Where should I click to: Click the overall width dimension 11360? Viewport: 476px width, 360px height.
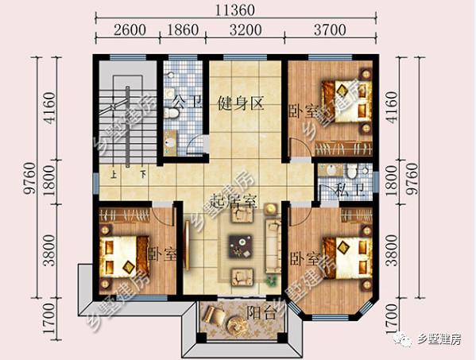pyautogui.click(x=235, y=10)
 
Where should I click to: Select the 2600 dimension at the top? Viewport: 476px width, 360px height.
pyautogui.click(x=130, y=29)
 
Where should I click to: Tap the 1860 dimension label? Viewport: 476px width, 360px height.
pyautogui.click(x=183, y=29)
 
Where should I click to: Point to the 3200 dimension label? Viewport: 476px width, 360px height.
pyautogui.click(x=246, y=29)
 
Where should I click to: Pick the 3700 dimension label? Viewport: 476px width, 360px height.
pyautogui.click(x=330, y=29)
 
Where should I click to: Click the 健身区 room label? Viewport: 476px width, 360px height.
pyautogui.click(x=241, y=103)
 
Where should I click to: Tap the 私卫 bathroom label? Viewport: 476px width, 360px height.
pyautogui.click(x=350, y=190)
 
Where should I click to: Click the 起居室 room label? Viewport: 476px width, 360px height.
pyautogui.click(x=234, y=201)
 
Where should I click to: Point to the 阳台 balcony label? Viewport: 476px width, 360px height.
pyautogui.click(x=261, y=312)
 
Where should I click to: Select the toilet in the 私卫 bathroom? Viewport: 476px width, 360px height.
pyautogui.click(x=352, y=171)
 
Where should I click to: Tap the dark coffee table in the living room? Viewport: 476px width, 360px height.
pyautogui.click(x=241, y=246)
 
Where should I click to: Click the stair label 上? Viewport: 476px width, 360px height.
pyautogui.click(x=114, y=174)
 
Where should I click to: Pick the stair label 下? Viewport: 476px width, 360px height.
pyautogui.click(x=143, y=174)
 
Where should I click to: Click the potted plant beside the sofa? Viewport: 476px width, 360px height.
pyautogui.click(x=272, y=280)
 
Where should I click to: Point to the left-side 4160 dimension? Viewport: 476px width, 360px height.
pyautogui.click(x=49, y=108)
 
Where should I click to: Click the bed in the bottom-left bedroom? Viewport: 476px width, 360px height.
pyautogui.click(x=125, y=257)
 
